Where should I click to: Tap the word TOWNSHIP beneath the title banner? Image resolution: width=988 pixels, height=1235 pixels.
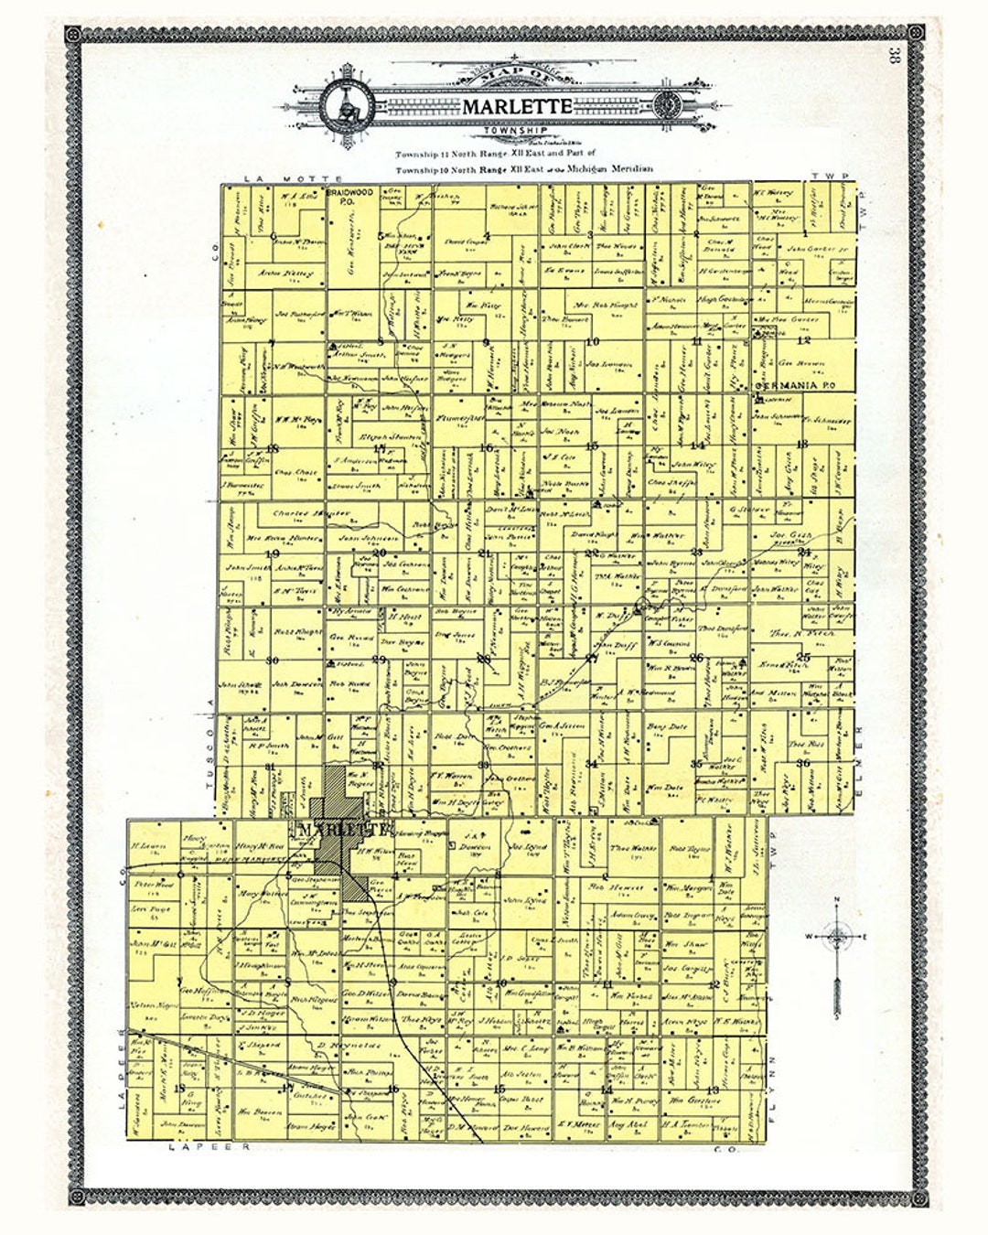(517, 132)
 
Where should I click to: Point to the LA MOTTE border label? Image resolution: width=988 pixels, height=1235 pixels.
(279, 177)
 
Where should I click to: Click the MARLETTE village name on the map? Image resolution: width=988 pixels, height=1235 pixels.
(341, 830)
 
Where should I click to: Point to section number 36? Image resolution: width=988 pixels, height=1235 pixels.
(804, 763)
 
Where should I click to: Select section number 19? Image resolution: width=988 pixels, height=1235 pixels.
(272, 553)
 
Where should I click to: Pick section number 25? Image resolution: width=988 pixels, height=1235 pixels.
(804, 657)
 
